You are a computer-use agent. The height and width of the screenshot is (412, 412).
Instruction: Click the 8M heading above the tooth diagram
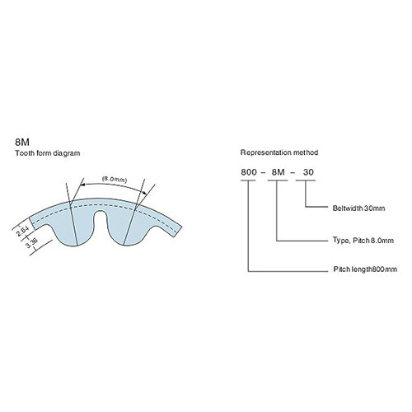coord(22,143)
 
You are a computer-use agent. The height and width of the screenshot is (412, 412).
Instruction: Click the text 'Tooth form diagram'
coord(48,153)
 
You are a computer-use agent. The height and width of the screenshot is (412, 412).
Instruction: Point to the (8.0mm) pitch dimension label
coord(115,180)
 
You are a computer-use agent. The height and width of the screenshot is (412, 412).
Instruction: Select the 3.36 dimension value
coord(31,242)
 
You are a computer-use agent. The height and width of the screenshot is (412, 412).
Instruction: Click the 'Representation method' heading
coord(279,152)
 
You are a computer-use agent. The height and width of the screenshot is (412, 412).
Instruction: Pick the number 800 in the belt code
coord(249,172)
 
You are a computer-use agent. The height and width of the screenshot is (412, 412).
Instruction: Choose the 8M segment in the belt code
coord(278,172)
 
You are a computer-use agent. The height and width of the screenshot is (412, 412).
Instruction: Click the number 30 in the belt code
coord(308,172)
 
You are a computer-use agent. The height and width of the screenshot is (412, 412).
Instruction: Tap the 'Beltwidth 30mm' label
coord(358,208)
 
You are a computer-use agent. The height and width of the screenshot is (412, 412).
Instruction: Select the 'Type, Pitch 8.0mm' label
coord(363,241)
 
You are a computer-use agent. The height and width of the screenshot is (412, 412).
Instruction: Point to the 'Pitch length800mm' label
coord(365,269)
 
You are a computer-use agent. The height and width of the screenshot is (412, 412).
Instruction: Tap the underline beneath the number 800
coord(248,180)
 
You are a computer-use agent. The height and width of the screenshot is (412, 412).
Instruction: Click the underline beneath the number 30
coord(306,180)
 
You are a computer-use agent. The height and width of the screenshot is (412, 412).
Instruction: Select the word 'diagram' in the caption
coord(67,153)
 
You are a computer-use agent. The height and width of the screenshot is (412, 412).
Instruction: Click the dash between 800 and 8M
coord(264,173)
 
